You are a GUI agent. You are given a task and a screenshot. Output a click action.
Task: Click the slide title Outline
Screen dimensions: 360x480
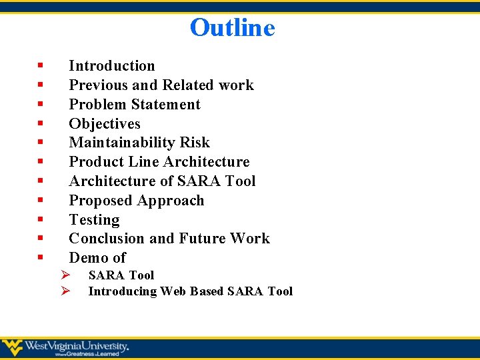[232, 28]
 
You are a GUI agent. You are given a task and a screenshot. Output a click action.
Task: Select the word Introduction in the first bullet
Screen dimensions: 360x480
[112, 66]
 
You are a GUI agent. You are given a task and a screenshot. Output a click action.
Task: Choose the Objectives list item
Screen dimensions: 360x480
[105, 124]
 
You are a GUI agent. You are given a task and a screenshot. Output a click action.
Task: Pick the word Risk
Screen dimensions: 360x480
[195, 143]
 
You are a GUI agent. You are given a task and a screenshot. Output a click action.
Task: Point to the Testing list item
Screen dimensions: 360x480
[94, 220]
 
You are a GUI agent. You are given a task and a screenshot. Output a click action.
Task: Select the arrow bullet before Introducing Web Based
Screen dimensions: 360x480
[65, 291]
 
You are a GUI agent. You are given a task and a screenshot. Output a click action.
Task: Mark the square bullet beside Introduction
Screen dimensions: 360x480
[41, 65]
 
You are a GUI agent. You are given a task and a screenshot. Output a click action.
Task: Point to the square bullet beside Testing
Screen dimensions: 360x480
[41, 219]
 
